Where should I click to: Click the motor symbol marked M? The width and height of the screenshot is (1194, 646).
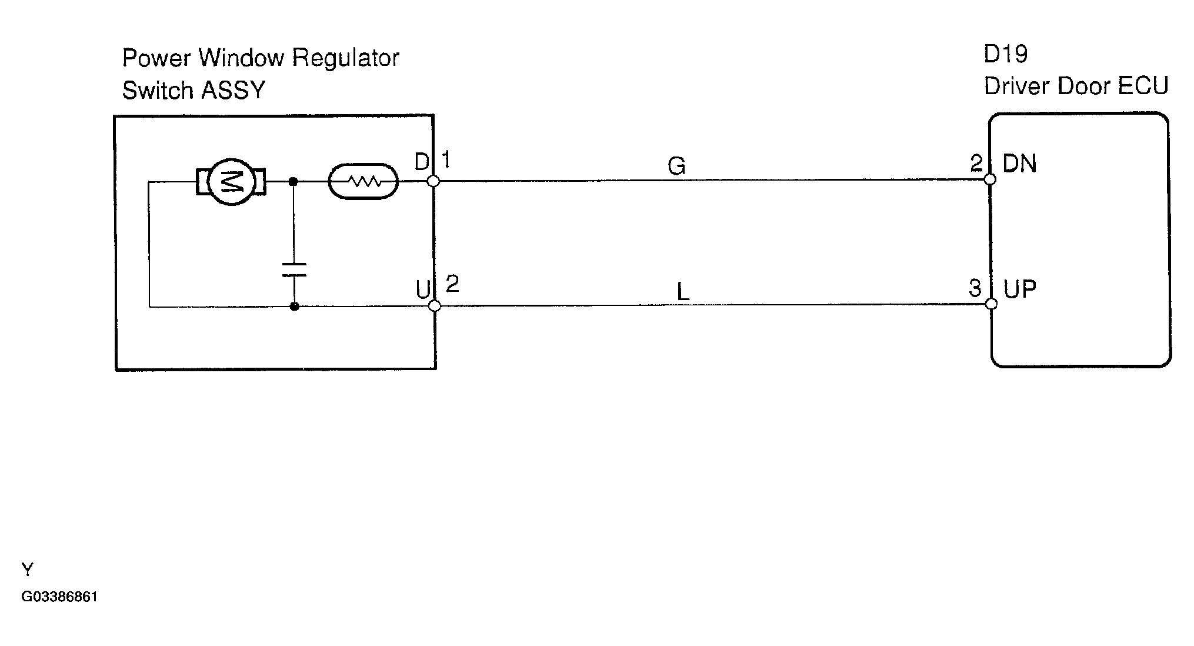tap(231, 182)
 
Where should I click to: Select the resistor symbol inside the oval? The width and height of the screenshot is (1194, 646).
tap(363, 181)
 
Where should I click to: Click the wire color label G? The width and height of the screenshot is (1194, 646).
tap(676, 167)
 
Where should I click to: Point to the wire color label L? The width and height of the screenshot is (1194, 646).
tap(682, 292)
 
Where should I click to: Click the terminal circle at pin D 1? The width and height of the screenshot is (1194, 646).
tap(433, 181)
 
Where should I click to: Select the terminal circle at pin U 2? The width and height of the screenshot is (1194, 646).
tap(435, 306)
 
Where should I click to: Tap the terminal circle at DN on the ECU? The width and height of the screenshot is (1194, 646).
tap(990, 179)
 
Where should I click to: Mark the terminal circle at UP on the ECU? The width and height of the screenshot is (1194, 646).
tap(991, 304)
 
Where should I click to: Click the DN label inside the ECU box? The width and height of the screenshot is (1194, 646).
tap(1020, 164)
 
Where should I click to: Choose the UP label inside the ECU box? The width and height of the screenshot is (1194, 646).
tap(1020, 289)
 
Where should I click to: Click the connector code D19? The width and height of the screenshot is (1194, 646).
tap(1006, 55)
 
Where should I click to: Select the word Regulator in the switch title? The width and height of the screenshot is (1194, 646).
tap(346, 58)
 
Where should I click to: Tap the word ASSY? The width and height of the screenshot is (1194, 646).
tap(234, 91)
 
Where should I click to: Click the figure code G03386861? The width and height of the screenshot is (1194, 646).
tap(59, 597)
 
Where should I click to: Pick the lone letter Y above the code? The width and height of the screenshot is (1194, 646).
tap(28, 570)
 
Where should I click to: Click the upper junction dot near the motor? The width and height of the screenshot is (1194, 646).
tap(294, 182)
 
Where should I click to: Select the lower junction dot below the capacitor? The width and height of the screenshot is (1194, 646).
tap(295, 307)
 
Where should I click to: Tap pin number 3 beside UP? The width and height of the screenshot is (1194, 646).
tap(975, 288)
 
